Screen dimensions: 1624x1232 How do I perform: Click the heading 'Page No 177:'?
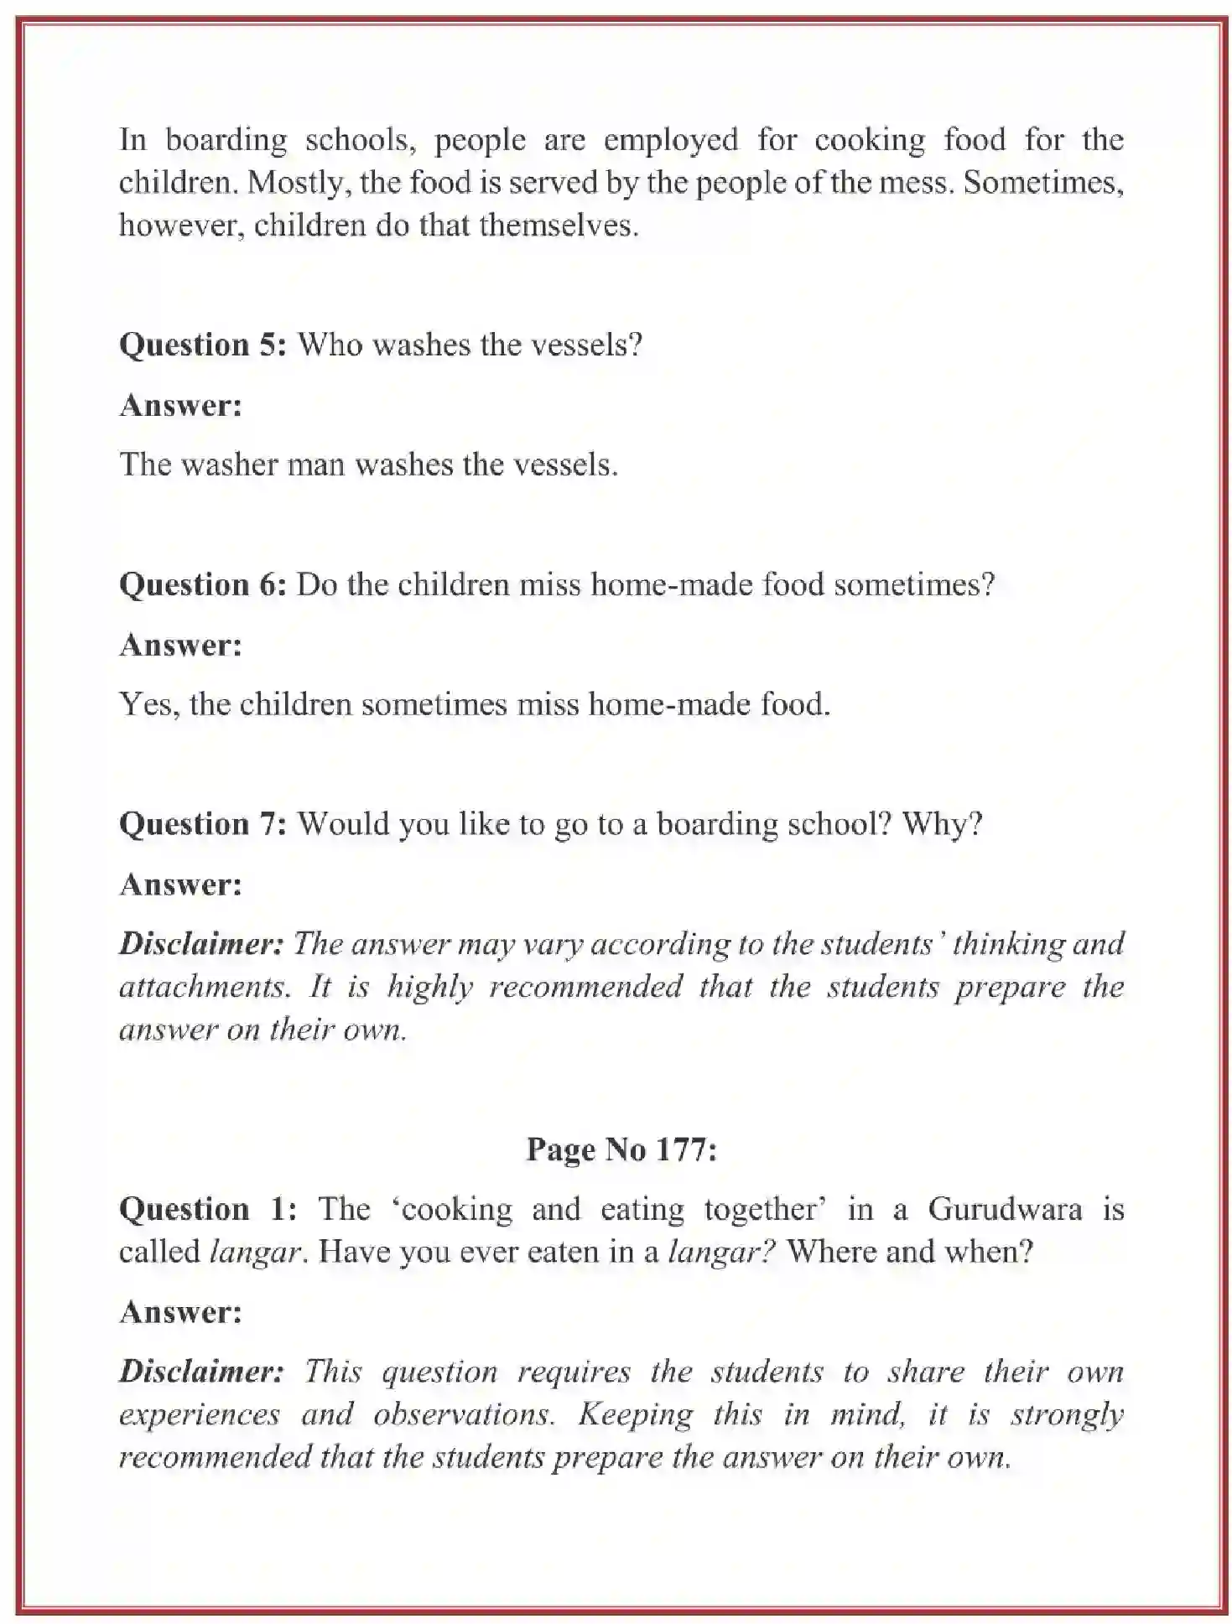point(621,1149)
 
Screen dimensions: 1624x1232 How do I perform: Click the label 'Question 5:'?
point(203,345)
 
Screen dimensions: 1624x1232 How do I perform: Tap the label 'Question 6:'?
point(203,584)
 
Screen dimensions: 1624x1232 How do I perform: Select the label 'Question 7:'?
point(203,824)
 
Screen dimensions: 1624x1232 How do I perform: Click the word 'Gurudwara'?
point(1004,1209)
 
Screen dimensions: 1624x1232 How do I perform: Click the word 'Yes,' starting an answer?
point(149,704)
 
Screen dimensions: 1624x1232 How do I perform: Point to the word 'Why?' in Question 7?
point(941,824)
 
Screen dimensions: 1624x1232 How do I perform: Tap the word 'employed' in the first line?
point(670,140)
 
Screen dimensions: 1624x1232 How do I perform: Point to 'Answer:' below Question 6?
point(180,645)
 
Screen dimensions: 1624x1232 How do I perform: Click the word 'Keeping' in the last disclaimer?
point(635,1414)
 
